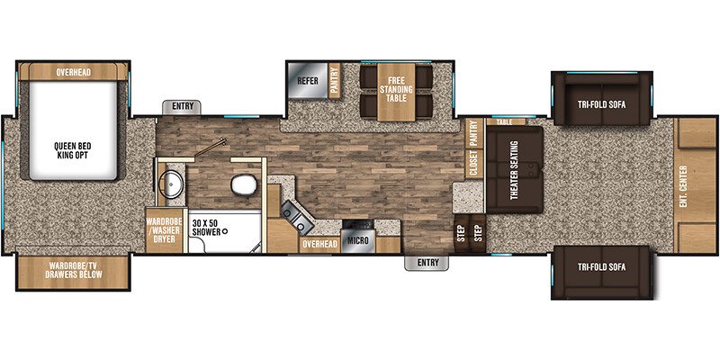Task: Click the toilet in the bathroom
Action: tap(243, 184)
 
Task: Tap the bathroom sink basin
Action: tap(171, 184)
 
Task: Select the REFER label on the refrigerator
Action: tap(308, 81)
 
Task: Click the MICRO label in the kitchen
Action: tap(357, 241)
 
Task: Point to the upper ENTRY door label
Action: tap(183, 106)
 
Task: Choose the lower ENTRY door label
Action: tap(428, 263)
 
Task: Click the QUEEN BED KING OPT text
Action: tap(73, 150)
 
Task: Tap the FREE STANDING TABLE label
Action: tap(396, 89)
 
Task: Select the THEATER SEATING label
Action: tap(514, 170)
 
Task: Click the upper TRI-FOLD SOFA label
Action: tap(601, 104)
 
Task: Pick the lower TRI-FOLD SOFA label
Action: tap(601, 266)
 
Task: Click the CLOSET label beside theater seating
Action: tap(474, 164)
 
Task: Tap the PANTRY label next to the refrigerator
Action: tap(334, 80)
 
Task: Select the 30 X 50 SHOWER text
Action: tap(207, 228)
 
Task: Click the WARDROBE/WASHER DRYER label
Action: tap(165, 230)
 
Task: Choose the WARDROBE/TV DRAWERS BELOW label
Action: tap(74, 270)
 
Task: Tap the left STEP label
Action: tap(462, 234)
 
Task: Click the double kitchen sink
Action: tap(296, 218)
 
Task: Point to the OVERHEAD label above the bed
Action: tap(74, 73)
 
